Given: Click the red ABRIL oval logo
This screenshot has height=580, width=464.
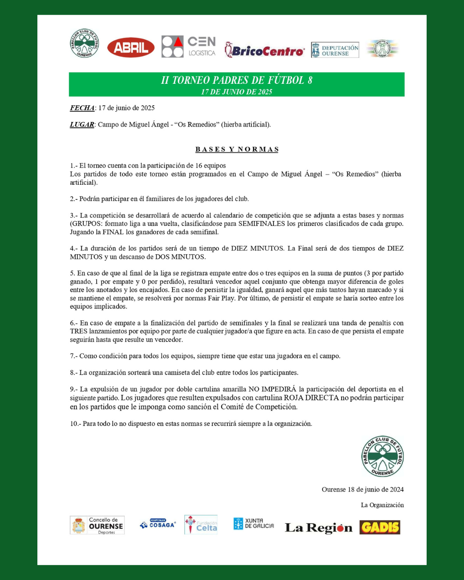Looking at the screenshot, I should pyautogui.click(x=131, y=47).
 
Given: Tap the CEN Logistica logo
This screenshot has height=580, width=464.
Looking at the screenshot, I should pyautogui.click(x=189, y=47).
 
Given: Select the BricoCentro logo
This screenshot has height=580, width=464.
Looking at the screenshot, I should pyautogui.click(x=265, y=51).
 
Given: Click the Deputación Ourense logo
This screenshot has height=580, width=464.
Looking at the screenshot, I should pyautogui.click(x=335, y=50).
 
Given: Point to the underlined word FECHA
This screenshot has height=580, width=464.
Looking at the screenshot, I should pyautogui.click(x=82, y=108).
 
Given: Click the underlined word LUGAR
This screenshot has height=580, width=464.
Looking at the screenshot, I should pyautogui.click(x=82, y=125).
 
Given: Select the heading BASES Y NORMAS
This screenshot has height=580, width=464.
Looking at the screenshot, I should pyautogui.click(x=237, y=150).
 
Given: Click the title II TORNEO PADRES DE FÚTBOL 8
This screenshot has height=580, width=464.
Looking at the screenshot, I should pyautogui.click(x=237, y=80).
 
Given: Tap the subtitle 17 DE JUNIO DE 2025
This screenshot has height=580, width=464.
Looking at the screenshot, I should pyautogui.click(x=237, y=92).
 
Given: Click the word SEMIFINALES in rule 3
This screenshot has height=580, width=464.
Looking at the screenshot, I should pyautogui.click(x=262, y=224).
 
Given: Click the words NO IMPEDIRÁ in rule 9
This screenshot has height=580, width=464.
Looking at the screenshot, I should pyautogui.click(x=272, y=389).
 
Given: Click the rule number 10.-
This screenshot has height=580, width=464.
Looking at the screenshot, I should pyautogui.click(x=75, y=424).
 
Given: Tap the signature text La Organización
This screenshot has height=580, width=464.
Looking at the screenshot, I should pyautogui.click(x=382, y=505).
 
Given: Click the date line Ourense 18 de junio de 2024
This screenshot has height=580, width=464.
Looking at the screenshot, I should pyautogui.click(x=363, y=490).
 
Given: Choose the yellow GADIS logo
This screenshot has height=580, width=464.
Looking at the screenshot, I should pyautogui.click(x=380, y=527).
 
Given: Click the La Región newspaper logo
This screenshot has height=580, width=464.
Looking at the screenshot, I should pyautogui.click(x=318, y=528).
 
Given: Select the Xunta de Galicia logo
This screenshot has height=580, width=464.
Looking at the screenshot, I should pyautogui.click(x=253, y=523).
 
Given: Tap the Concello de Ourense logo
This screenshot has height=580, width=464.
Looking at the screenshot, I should pyautogui.click(x=97, y=525).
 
